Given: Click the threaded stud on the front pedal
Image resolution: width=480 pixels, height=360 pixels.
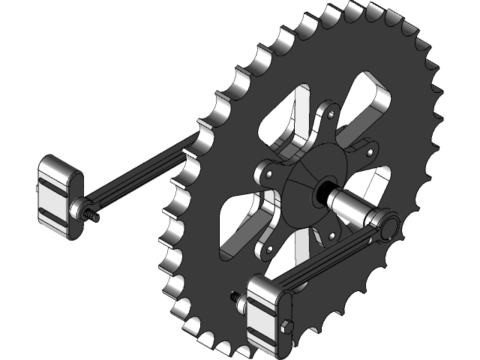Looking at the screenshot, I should click(x=238, y=301).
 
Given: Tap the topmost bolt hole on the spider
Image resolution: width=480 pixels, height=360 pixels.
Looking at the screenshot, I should click(x=329, y=114).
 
